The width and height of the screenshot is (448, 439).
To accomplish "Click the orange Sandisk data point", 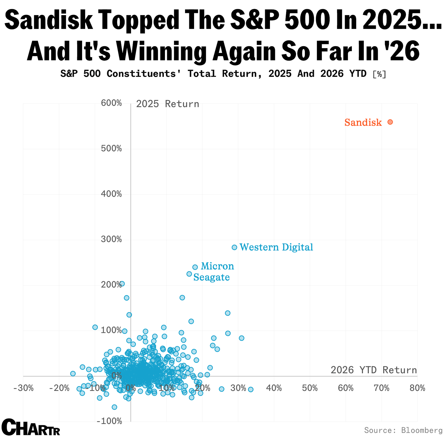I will tap(390, 122).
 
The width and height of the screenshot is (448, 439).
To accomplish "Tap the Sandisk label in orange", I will tap(363, 123).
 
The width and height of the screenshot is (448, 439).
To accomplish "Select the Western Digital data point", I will tap(234, 247).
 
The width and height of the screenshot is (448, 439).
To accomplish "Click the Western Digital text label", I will tap(276, 247).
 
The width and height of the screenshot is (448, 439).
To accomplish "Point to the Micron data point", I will tap(195, 267).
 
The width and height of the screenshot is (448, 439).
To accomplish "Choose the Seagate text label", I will tap(211, 277).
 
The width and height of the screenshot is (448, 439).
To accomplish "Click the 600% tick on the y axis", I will tap(111, 103).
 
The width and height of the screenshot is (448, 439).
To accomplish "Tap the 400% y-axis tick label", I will tap(111, 194).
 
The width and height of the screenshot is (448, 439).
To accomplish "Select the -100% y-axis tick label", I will tap(109, 421).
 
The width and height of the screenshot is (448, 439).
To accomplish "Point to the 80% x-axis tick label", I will tap(417, 388).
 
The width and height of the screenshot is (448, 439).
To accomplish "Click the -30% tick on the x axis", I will tap(24, 388).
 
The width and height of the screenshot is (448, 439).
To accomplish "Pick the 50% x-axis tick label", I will tap(310, 388).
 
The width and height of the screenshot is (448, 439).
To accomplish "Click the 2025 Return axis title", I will tap(167, 104).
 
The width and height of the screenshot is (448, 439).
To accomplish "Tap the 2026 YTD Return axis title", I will tap(374, 370).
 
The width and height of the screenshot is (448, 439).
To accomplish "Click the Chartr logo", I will tap(31, 427).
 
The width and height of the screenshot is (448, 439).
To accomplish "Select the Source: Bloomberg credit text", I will tap(403, 430).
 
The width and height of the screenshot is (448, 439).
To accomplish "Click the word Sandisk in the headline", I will tap(48, 20).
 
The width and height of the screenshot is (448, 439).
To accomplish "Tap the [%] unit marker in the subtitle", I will tap(379, 74).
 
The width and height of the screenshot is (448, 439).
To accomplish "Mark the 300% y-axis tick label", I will tap(111, 239).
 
